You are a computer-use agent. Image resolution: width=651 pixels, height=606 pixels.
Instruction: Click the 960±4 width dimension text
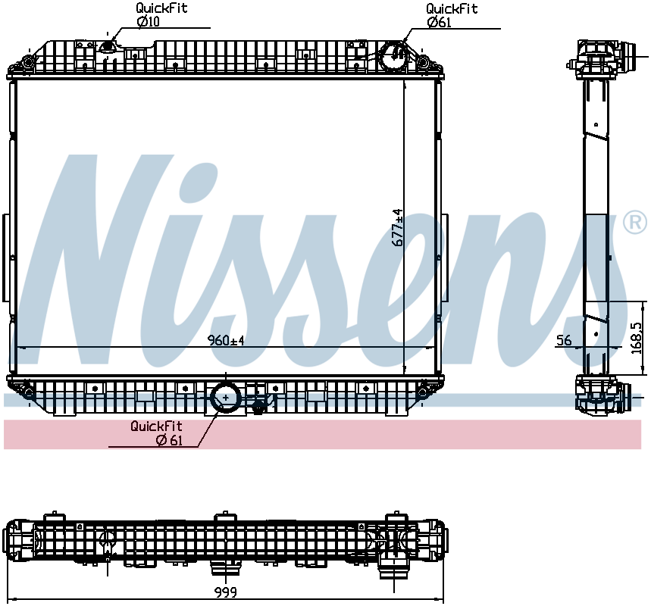[x=227, y=340]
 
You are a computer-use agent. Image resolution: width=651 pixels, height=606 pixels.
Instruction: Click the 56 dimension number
[x=564, y=341]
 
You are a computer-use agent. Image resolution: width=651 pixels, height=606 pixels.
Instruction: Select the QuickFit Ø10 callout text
[x=161, y=15]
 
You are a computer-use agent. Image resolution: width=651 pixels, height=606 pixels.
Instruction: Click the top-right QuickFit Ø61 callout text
[x=451, y=15]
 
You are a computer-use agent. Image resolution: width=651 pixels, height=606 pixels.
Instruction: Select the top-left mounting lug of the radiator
[x=28, y=61]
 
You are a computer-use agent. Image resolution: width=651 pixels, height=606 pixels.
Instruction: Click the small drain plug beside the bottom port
[x=258, y=408]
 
